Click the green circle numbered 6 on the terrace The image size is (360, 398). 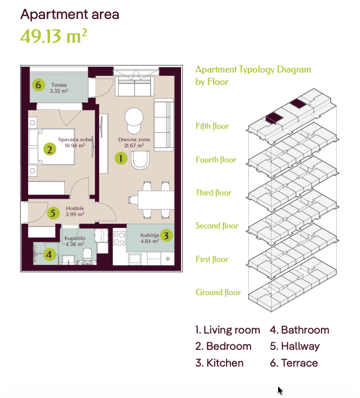click(x=38, y=85)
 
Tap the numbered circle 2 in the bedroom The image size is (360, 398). click(x=49, y=149)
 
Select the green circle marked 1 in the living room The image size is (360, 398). click(x=121, y=158)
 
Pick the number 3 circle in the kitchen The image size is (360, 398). click(x=166, y=236)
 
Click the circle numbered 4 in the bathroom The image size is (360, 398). click(x=49, y=255)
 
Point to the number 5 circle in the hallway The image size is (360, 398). click(x=53, y=213)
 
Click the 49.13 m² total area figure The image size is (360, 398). click(x=54, y=36)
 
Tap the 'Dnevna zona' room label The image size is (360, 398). click(x=134, y=139)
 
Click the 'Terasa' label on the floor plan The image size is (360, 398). click(x=59, y=85)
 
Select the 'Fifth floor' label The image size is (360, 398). click(x=212, y=126)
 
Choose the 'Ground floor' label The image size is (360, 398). click(x=218, y=292)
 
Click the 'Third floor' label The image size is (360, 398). click(x=214, y=192)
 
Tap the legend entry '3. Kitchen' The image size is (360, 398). click(x=220, y=363)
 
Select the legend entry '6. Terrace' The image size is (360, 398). click(x=294, y=363)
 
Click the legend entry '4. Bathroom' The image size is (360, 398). click(x=299, y=330)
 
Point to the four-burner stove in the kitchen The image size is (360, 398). click(x=119, y=238)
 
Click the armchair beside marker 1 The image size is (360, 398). click(x=140, y=160)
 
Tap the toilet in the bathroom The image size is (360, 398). click(x=87, y=254)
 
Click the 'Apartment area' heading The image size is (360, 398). click(x=69, y=14)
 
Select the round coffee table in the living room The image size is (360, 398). click(x=134, y=118)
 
